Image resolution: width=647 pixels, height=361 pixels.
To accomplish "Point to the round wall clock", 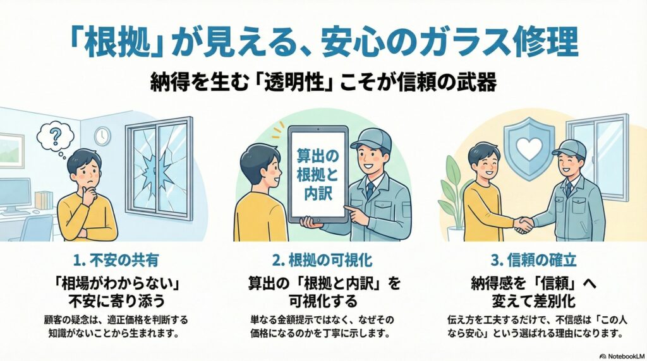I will pyautogui.click(x=102, y=136).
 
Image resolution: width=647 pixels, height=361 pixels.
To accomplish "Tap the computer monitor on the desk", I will pyautogui.click(x=14, y=192).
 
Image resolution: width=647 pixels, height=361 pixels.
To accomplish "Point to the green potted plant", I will pyautogui.click(x=454, y=189).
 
